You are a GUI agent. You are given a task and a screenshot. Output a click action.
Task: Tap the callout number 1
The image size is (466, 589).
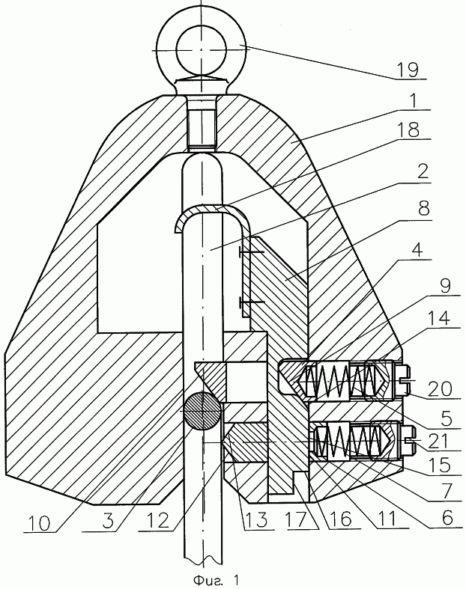coord(413,101)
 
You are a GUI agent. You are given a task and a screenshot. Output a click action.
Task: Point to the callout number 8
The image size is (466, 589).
coord(423,207)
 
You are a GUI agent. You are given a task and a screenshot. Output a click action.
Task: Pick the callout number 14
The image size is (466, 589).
coord(439,319)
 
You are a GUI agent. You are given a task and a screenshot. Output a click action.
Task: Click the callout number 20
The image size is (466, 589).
coord(441,388)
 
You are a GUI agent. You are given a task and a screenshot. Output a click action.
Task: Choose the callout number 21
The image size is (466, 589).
coord(439,441)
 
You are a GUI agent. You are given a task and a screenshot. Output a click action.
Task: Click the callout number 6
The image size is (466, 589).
coord(447,518)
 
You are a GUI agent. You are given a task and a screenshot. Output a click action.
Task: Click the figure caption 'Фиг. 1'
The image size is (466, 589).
coord(217,579)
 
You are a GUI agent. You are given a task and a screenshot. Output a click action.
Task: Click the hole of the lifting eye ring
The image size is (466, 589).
coord(202,49)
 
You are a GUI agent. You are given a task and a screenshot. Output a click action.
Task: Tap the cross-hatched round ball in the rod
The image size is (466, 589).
coord(202,411)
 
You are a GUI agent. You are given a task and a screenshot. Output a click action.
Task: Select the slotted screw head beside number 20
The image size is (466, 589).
coord(402,380)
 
